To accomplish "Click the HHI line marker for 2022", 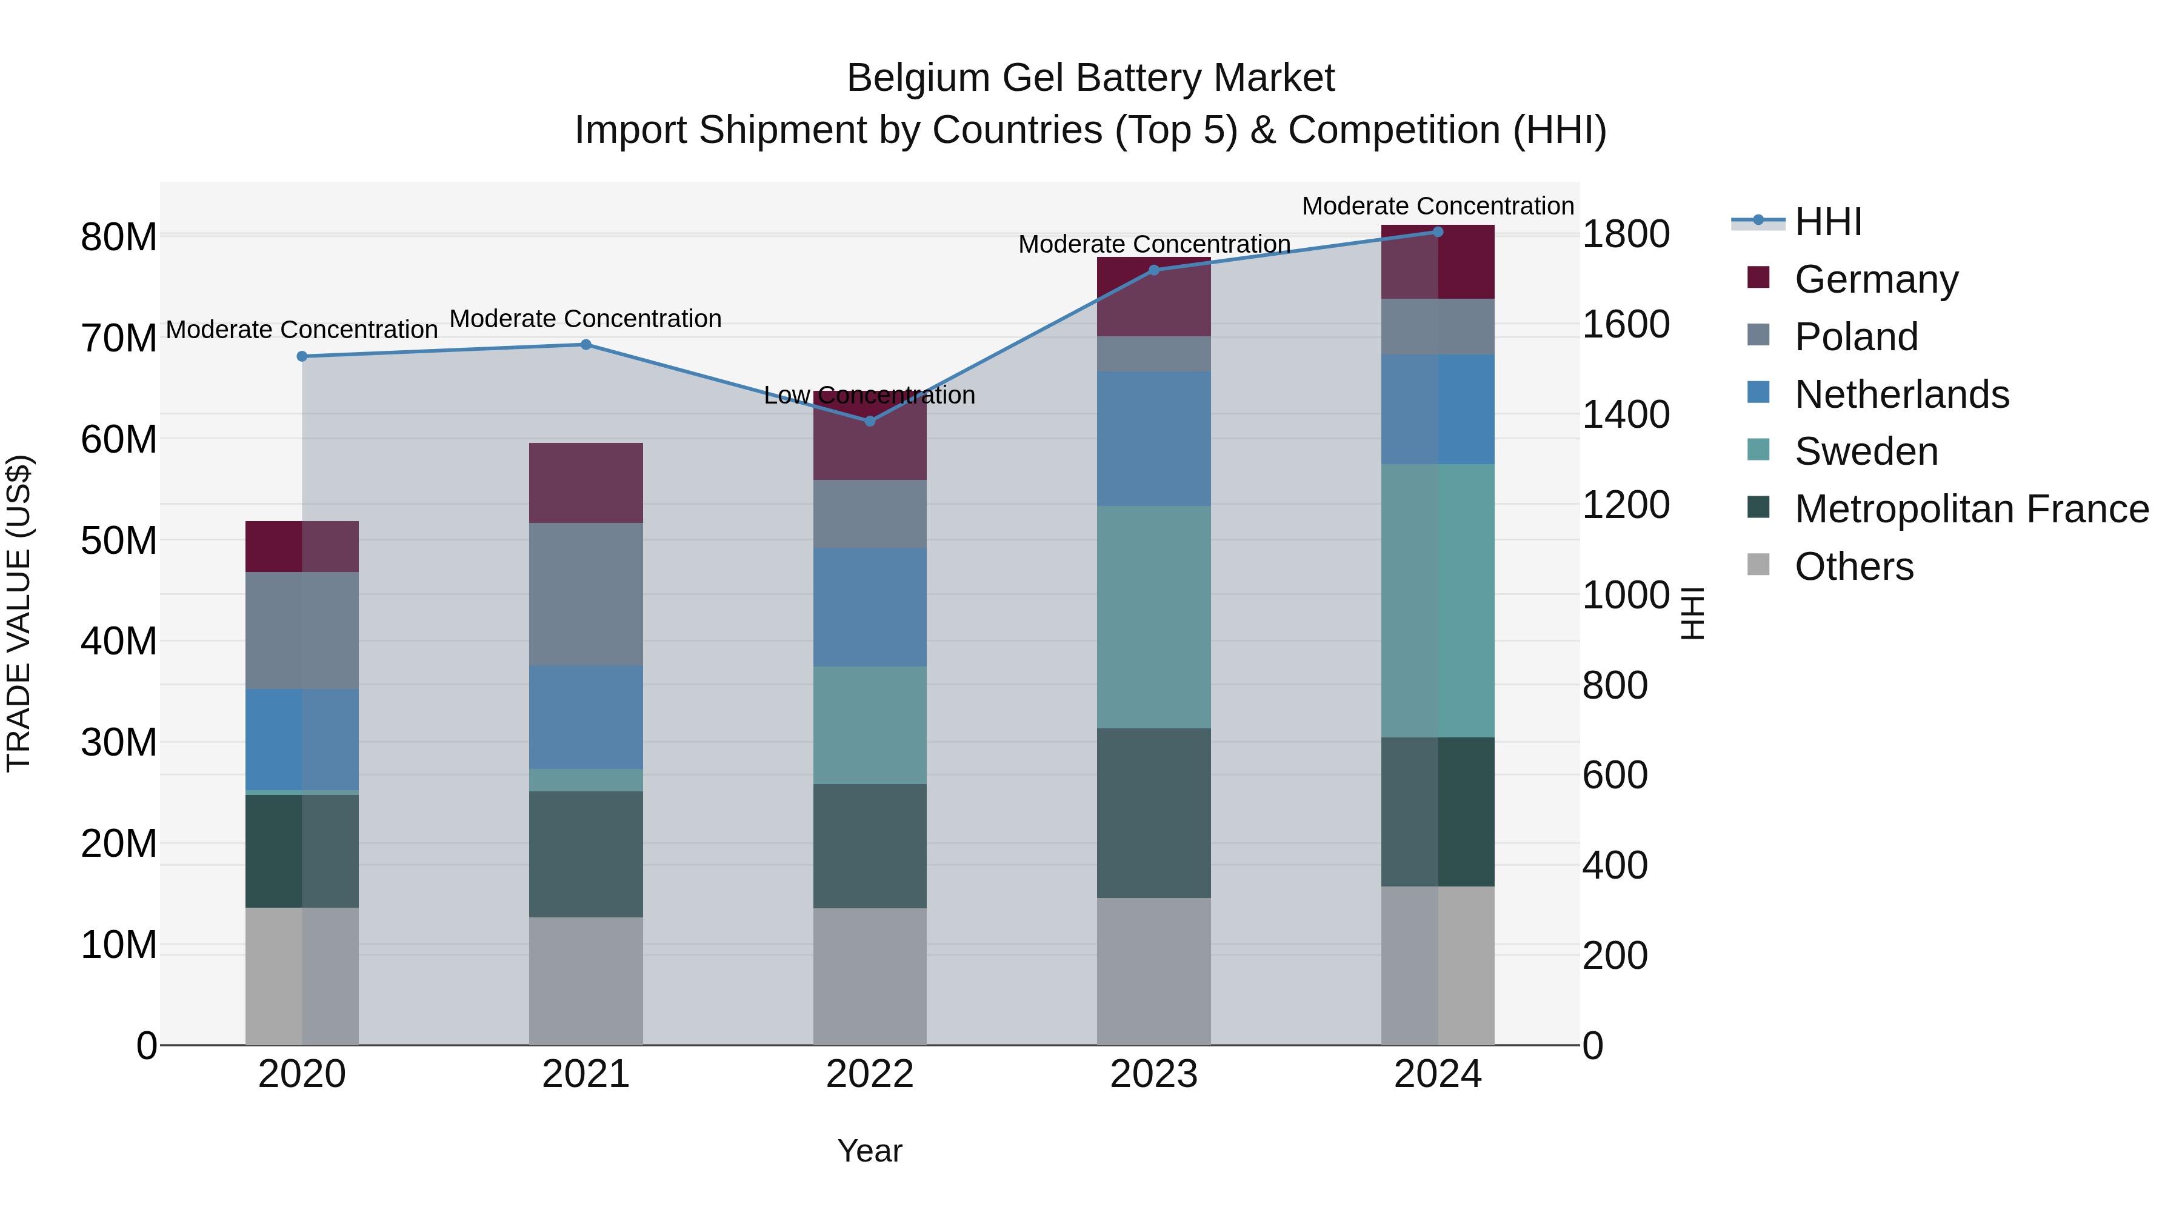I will (869, 421).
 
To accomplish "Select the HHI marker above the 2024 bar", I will (1438, 232).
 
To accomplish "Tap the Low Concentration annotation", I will (869, 396).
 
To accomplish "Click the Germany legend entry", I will (1875, 279).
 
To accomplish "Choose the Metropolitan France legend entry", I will (1971, 509).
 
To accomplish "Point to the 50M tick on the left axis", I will (119, 540).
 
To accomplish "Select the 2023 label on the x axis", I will (1153, 1074).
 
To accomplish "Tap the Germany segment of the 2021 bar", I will (586, 483).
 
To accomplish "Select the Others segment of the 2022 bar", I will (869, 976).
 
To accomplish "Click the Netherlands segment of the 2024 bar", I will (1438, 409).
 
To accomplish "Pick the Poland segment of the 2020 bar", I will (302, 630).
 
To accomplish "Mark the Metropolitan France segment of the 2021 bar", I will (586, 854).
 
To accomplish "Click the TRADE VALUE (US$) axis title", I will (19, 613).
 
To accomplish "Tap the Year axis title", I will (869, 1151).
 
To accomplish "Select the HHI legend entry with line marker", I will (1796, 222).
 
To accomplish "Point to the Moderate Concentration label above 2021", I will (586, 319).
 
